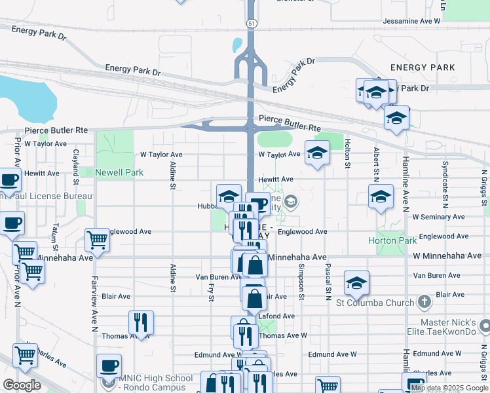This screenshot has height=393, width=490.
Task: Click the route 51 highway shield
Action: coord(251,24)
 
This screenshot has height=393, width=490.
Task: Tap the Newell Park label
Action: coord(119,173)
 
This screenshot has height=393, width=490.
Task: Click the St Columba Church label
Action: coord(374,303)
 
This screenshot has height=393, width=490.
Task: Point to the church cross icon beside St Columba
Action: coord(424,303)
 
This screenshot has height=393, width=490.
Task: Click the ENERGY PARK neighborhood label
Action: coord(423,67)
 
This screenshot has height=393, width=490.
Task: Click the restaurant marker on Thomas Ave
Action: coord(141,322)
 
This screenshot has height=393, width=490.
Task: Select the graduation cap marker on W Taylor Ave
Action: coord(317,153)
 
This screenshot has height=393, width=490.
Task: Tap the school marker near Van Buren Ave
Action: coord(356,282)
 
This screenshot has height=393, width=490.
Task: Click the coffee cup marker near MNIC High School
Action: coord(109,365)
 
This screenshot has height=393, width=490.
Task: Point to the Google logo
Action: coord(22,385)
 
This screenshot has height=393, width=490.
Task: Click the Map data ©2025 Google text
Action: coord(449,388)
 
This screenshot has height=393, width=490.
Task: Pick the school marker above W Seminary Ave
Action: coord(381,196)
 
